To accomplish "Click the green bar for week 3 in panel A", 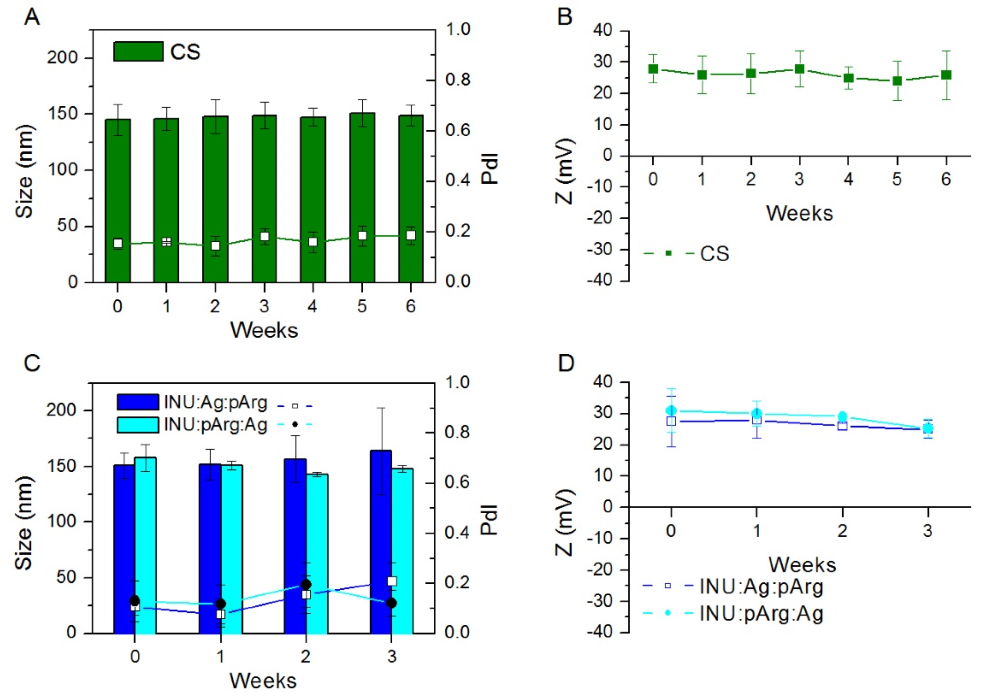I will tap(264, 181).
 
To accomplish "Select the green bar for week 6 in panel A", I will tap(411, 181).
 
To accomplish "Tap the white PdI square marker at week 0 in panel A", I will tap(118, 244).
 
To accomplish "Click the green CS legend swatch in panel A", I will tap(138, 52).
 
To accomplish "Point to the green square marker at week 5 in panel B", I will tap(897, 81).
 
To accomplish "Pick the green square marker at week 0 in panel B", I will tap(653, 69).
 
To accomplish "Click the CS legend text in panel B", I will tap(714, 254).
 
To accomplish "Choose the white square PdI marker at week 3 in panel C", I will tap(391, 581).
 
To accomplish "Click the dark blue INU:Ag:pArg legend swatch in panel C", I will tap(138, 402).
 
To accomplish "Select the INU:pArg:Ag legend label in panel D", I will tap(761, 613).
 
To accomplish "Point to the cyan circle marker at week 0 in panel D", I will tap(671, 410).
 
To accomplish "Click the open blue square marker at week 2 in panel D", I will tap(842, 426).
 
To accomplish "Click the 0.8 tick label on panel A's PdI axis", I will tap(458, 80).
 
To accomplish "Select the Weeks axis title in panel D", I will tap(802, 565).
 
